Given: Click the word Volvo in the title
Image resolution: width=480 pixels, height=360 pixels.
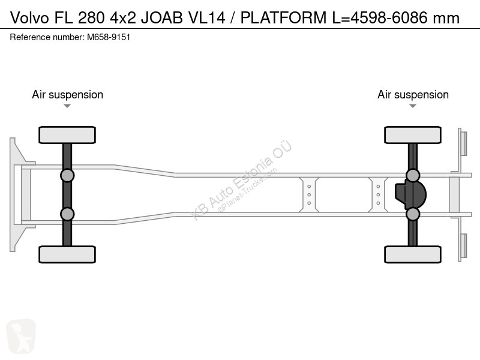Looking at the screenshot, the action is click(29, 18).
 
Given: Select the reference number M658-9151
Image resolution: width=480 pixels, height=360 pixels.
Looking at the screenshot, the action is click(109, 37).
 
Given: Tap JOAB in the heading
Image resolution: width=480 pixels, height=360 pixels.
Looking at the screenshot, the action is click(161, 18).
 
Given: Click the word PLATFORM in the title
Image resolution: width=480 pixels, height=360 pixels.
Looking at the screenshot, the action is click(283, 18).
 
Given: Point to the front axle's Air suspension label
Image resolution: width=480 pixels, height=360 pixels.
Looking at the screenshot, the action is click(67, 95).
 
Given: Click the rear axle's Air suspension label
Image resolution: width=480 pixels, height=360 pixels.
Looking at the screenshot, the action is click(413, 95).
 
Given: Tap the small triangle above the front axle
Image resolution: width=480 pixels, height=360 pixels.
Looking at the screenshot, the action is click(67, 106).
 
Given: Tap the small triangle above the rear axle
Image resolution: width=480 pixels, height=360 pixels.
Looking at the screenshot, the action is click(413, 106).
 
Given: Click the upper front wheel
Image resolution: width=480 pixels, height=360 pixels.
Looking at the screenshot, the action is click(67, 135).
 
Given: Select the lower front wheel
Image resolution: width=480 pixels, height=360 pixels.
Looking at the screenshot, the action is click(67, 254).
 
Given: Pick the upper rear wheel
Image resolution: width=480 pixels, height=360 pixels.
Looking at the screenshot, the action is click(413, 135).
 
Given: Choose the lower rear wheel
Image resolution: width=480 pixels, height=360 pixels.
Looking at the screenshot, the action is click(413, 254).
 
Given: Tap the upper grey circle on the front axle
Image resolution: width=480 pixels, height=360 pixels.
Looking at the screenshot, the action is click(67, 176).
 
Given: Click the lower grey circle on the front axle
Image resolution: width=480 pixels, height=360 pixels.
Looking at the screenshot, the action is click(67, 214).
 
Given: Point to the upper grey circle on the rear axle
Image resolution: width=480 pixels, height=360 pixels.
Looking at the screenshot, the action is click(413, 176).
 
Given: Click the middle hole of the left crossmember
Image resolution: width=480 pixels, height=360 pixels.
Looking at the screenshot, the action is click(309, 194).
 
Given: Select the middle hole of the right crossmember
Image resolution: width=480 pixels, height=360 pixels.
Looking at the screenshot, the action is click(378, 194).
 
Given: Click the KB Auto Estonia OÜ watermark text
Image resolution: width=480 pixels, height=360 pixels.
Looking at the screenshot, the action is click(241, 181).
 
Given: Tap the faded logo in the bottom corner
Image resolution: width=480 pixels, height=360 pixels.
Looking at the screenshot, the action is click(21, 336).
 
